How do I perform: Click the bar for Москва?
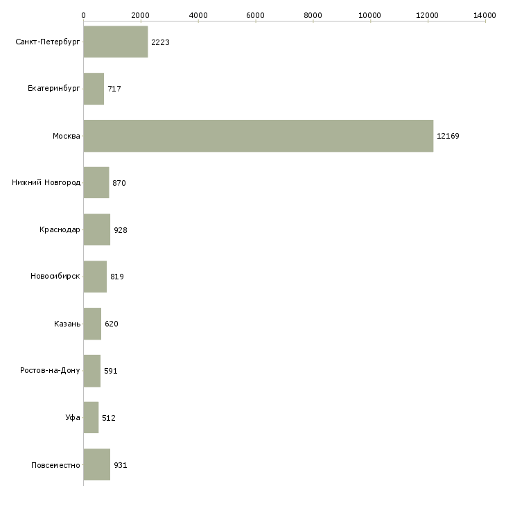258,136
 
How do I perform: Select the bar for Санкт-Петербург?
116,42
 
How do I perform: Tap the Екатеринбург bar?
94,89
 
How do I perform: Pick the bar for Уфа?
91,417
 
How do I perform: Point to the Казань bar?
92,324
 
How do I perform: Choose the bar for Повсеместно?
96,464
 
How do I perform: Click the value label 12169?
448,136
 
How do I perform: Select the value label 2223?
160,42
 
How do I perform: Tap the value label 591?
111,371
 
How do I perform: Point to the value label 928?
121,230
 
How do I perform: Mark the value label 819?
117,277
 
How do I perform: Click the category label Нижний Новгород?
46,183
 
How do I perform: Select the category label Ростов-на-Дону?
51,371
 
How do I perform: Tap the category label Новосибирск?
55,277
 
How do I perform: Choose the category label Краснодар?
60,230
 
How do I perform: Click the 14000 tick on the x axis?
485,15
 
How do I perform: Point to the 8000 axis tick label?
313,15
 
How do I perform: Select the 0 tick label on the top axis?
83,15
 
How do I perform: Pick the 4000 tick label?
198,15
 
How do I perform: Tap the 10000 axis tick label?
370,15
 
